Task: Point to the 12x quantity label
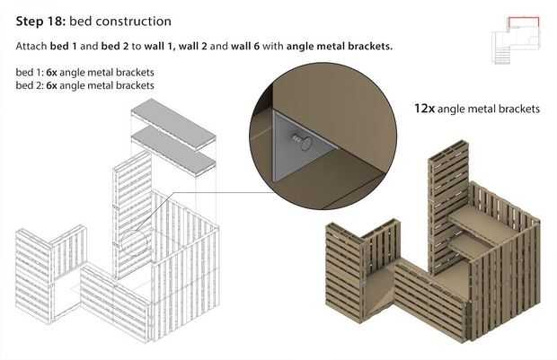coord(424,109)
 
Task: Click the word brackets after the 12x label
coord(515,109)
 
